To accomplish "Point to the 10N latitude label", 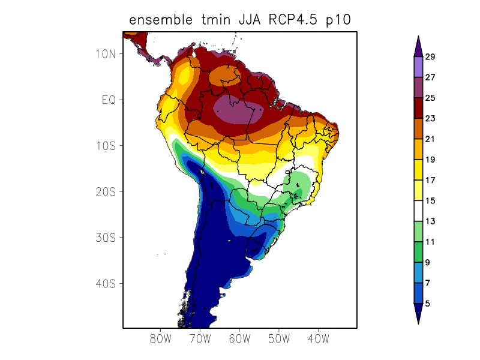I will point(105,53).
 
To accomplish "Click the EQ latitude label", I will point(109,100).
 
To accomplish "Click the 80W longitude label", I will point(161,339).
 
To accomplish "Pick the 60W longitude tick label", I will point(239,339).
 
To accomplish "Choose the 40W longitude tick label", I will point(318,339).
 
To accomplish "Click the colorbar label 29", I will point(430,57).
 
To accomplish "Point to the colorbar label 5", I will point(427,304).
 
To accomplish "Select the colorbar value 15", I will point(430,201).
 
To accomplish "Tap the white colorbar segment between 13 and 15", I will point(418,211).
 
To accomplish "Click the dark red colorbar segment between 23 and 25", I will point(418,108).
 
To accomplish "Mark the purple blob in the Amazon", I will point(238,110).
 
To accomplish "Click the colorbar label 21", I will point(430,139).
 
